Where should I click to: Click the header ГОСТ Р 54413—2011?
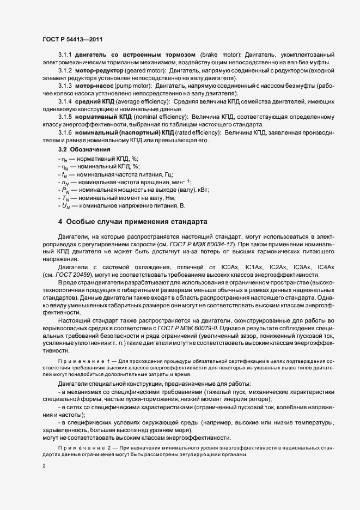coord(72,40)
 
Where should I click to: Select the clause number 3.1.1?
coord(65,55)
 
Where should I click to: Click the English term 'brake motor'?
coord(219,55)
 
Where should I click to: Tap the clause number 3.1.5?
coord(65,117)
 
